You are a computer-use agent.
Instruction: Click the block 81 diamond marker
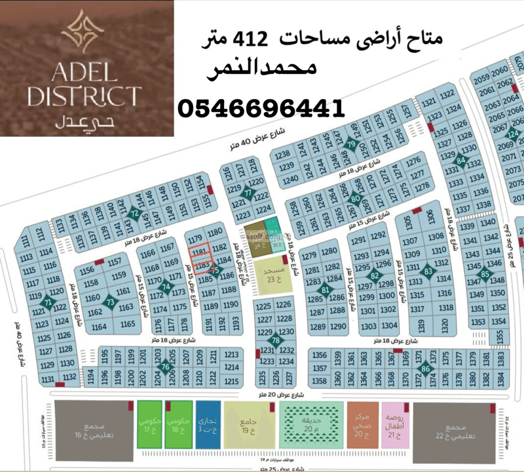[326, 289]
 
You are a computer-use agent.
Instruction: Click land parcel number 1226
[283, 305]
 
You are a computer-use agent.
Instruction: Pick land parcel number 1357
[320, 368]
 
